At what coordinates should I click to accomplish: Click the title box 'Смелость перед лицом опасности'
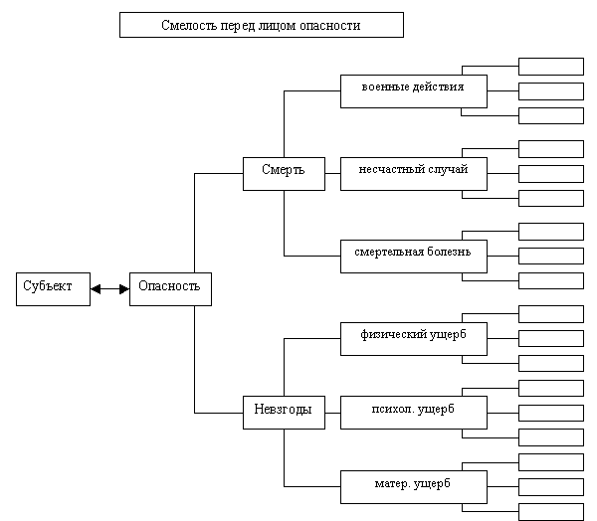(262, 25)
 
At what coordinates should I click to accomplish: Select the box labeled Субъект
(54, 289)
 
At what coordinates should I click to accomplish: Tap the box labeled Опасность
(170, 289)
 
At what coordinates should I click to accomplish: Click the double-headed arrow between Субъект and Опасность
(110, 289)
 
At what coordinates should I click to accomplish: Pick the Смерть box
(284, 174)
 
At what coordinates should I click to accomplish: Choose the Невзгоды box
(284, 413)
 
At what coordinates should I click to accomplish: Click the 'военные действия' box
(414, 91)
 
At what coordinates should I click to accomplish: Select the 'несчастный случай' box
(414, 174)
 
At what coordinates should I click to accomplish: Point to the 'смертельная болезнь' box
(414, 257)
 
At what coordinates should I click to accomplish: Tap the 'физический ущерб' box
(414, 339)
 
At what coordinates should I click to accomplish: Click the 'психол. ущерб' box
(414, 413)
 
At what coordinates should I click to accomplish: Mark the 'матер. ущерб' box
(414, 487)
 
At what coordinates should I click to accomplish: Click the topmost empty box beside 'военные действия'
(551, 67)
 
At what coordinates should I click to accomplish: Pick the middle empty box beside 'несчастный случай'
(551, 174)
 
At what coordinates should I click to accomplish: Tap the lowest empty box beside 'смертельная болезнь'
(551, 280)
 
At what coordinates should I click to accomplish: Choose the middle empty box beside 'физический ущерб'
(551, 339)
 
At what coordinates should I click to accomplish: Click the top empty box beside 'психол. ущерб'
(551, 388)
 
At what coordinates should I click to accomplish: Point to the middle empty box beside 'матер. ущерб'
(551, 487)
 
